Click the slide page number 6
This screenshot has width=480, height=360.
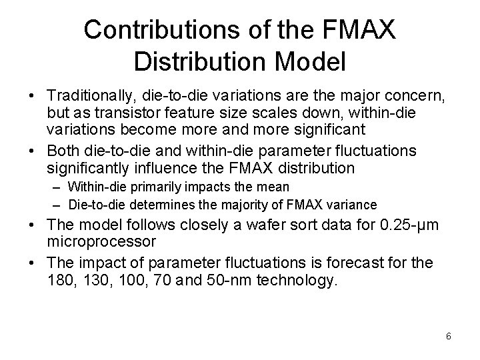[x=449, y=336]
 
